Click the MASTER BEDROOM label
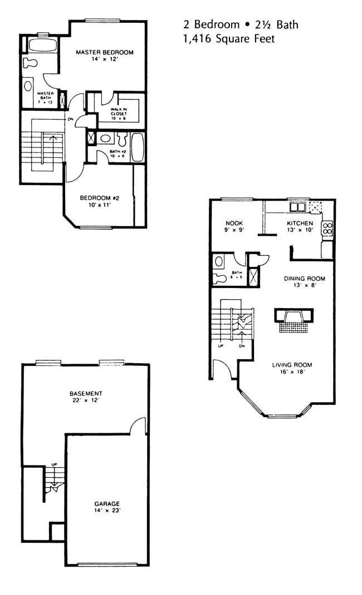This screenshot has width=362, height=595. pyautogui.click(x=105, y=52)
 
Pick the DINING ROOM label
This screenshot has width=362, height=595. pyautogui.click(x=304, y=279)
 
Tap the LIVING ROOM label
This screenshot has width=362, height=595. pyautogui.click(x=292, y=365)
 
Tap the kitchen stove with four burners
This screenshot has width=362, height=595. pyautogui.click(x=327, y=228)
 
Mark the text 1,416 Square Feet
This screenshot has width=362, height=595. pyautogui.click(x=228, y=39)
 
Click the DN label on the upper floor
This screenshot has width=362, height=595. pyautogui.click(x=70, y=119)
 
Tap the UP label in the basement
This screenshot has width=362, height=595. pyautogui.click(x=55, y=464)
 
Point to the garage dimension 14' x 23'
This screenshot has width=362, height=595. pyautogui.click(x=107, y=510)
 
